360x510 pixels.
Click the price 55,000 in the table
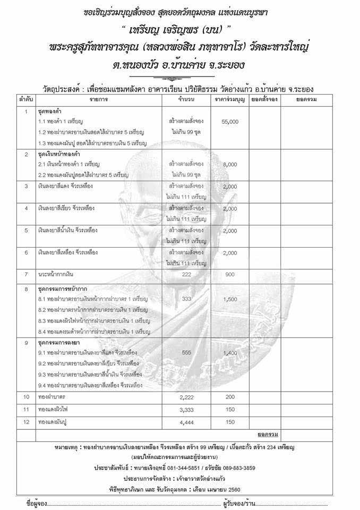tap(230, 122)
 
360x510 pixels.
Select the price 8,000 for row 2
tap(230, 165)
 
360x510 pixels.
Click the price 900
tap(230, 274)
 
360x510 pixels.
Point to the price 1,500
tap(230, 299)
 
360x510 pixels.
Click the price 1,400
tap(230, 353)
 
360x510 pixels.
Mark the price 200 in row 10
tap(230, 397)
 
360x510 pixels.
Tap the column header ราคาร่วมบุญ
tap(230, 99)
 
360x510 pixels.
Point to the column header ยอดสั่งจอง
tap(264, 99)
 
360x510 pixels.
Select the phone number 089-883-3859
tap(247, 467)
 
